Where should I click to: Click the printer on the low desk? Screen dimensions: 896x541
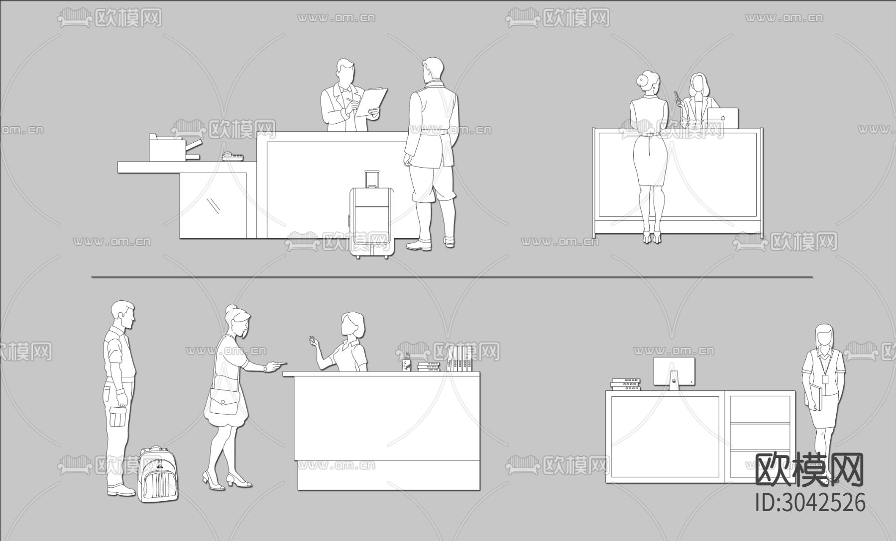(x=174, y=148)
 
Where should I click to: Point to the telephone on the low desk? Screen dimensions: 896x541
(x=232, y=157)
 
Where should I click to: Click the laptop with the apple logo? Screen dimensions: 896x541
(x=723, y=118)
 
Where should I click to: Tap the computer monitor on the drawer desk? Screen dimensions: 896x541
(x=673, y=373)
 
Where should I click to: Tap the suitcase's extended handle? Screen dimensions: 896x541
(x=371, y=179)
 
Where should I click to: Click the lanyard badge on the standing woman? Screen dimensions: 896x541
(x=826, y=379)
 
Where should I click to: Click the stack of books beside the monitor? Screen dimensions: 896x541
(x=625, y=384)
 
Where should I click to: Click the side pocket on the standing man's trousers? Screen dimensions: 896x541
(x=117, y=417)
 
